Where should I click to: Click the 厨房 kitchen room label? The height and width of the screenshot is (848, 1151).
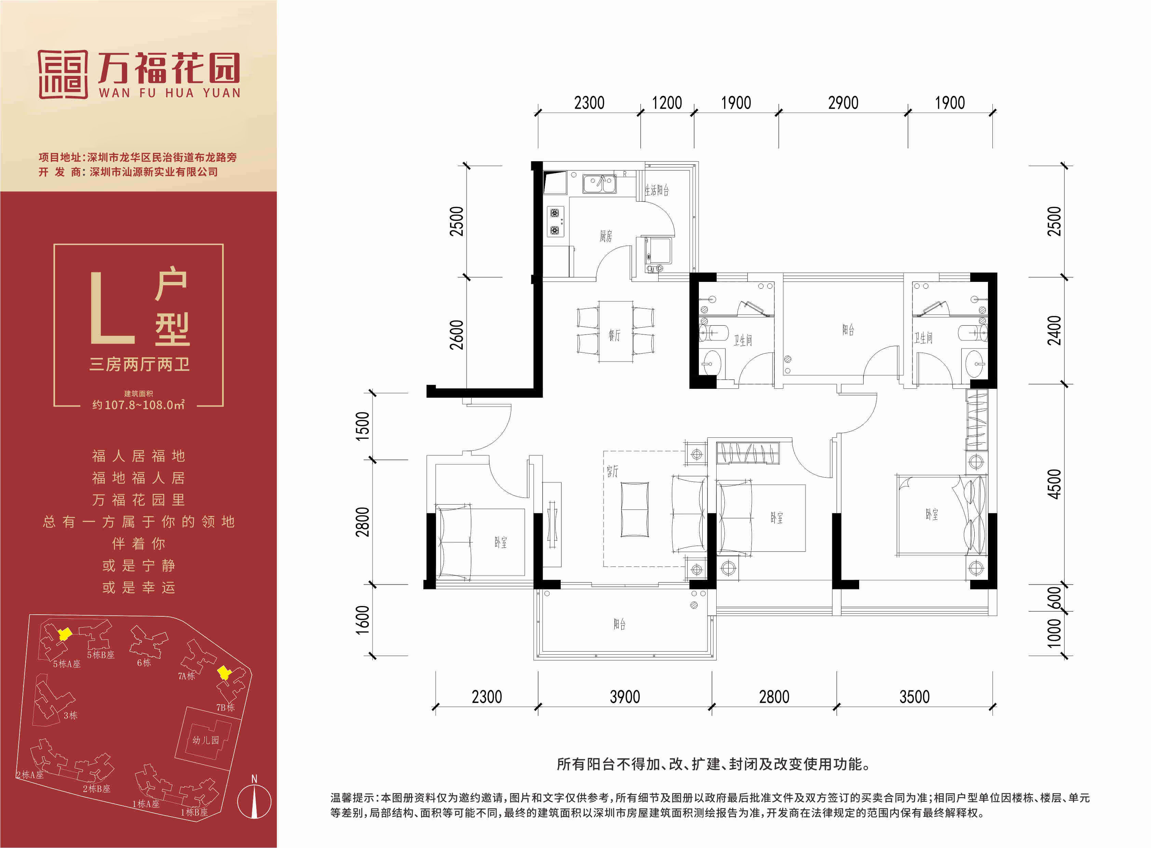tap(606, 236)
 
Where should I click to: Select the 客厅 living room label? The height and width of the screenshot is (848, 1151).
tap(612, 471)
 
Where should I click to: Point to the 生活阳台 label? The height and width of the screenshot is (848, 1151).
tap(657, 190)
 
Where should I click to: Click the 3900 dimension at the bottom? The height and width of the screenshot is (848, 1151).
tap(625, 697)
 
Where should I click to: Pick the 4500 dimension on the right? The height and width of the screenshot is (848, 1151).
tap(1054, 483)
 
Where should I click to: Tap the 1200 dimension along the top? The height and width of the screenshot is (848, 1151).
tap(667, 102)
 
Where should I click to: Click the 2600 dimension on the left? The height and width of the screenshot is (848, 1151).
tap(456, 335)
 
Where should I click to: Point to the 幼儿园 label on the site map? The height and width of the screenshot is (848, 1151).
tap(205, 740)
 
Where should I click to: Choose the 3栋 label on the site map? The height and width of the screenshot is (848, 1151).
tap(70, 715)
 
